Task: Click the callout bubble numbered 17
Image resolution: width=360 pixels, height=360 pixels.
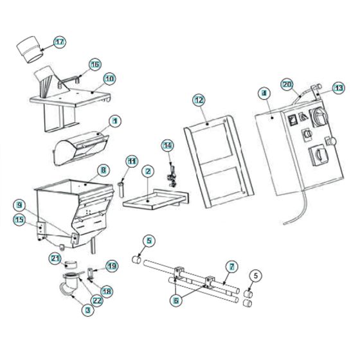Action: (59, 42)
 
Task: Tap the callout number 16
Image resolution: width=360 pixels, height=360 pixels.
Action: (94, 64)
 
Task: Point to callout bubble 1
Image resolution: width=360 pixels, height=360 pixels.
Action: (115, 120)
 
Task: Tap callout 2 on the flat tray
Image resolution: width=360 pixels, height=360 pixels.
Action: (148, 172)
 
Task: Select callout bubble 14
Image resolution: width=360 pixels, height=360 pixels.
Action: (168, 145)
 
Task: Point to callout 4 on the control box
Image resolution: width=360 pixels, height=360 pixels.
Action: (264, 93)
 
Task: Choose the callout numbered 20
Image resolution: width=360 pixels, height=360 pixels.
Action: (287, 84)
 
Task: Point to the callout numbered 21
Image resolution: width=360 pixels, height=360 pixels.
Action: (55, 258)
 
